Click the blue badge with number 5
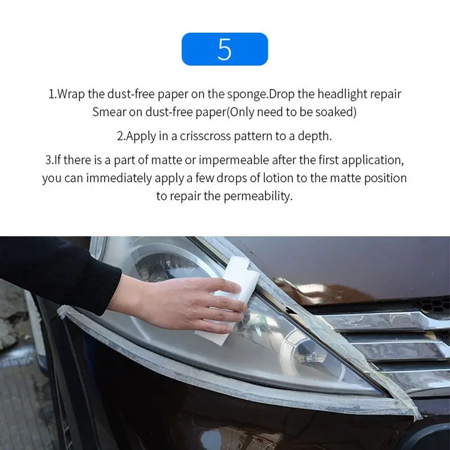(224, 49)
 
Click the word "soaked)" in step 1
(336, 112)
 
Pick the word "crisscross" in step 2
(205, 136)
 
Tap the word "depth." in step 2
(314, 136)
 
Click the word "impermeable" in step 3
(233, 160)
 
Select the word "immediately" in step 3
(119, 178)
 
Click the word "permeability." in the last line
(258, 196)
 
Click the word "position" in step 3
(385, 178)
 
